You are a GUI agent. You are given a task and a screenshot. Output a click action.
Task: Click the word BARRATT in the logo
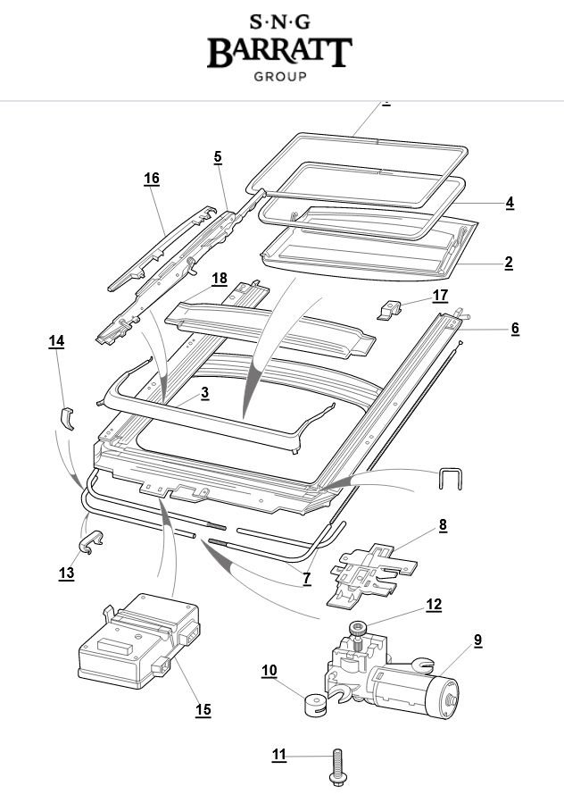pyautogui.click(x=279, y=52)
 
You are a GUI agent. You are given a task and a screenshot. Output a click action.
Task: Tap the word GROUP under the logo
pyautogui.click(x=280, y=77)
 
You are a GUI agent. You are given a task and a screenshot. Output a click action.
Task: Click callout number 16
pyautogui.click(x=152, y=179)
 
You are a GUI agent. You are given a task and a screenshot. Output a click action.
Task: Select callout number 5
pyautogui.click(x=218, y=157)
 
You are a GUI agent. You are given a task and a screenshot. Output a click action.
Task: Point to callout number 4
pyautogui.click(x=510, y=203)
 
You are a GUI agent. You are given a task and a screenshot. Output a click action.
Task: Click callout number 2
pyautogui.click(x=509, y=263)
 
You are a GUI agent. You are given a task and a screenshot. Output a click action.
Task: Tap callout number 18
pyautogui.click(x=220, y=279)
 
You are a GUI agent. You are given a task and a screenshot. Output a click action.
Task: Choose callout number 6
pyautogui.click(x=515, y=329)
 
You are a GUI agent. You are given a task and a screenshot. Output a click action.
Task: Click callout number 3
pyautogui.click(x=204, y=393)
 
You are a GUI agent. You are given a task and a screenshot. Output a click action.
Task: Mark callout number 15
pyautogui.click(x=203, y=710)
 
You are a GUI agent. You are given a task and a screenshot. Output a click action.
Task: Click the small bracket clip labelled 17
pyautogui.click(x=390, y=310)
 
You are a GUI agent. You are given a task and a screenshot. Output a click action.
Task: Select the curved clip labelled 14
pyautogui.click(x=68, y=418)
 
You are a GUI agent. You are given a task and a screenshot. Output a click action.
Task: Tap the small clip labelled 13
pyautogui.click(x=91, y=542)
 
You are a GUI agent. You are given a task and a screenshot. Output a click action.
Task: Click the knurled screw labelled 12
pyautogui.click(x=357, y=636)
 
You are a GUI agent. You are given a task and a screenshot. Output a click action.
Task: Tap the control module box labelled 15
pyautogui.click(x=139, y=641)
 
